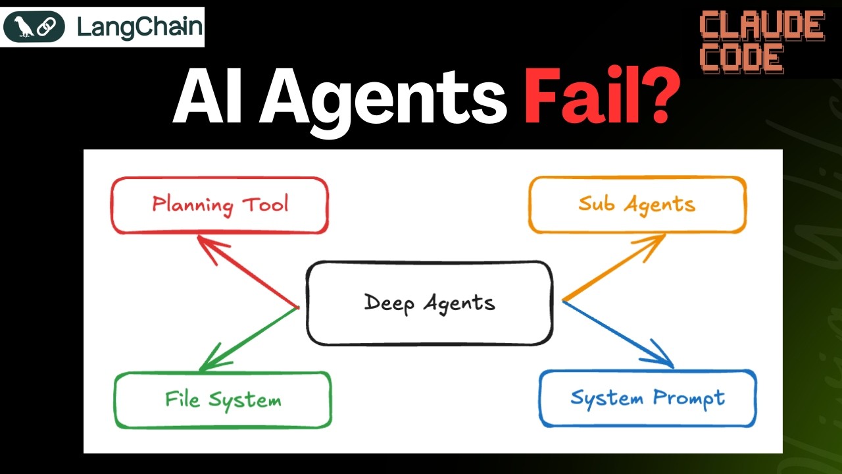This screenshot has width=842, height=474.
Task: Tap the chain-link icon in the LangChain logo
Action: tap(45, 27)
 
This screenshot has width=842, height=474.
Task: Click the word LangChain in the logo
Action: tap(139, 28)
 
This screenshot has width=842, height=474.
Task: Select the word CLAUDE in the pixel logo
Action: tap(762, 26)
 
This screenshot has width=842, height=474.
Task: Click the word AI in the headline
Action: tap(207, 96)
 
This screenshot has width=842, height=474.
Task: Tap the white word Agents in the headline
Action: tap(383, 101)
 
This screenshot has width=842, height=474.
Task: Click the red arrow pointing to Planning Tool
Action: tap(248, 272)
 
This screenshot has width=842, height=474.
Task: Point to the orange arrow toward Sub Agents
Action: tap(614, 267)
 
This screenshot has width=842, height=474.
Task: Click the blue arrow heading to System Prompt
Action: tap(618, 334)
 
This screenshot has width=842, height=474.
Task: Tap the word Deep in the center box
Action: tap(389, 303)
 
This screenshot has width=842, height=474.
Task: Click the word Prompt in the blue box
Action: tap(689, 399)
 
